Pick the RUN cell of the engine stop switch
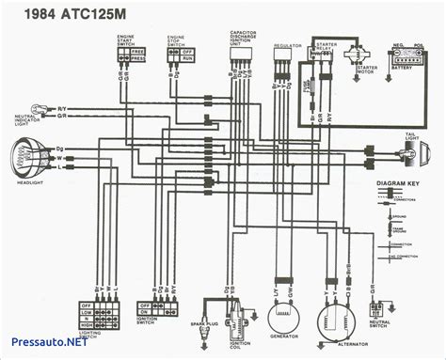pos(186,57)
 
